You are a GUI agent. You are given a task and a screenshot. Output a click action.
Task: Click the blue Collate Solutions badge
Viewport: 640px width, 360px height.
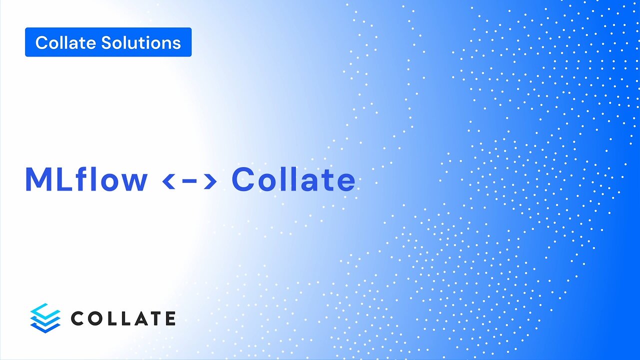[108, 42]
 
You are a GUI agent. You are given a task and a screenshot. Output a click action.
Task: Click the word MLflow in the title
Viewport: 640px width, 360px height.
[86, 180]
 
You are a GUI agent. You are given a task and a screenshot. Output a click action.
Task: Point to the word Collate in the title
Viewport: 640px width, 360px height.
[293, 180]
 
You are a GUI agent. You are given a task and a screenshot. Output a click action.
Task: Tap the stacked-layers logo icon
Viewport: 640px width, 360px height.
[45, 318]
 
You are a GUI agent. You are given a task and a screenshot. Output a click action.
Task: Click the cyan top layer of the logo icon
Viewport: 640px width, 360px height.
[45, 309]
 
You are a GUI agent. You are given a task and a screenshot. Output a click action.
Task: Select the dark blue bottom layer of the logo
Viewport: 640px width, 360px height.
[45, 327]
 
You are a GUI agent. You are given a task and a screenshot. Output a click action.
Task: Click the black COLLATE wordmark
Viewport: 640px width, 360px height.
[123, 318]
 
